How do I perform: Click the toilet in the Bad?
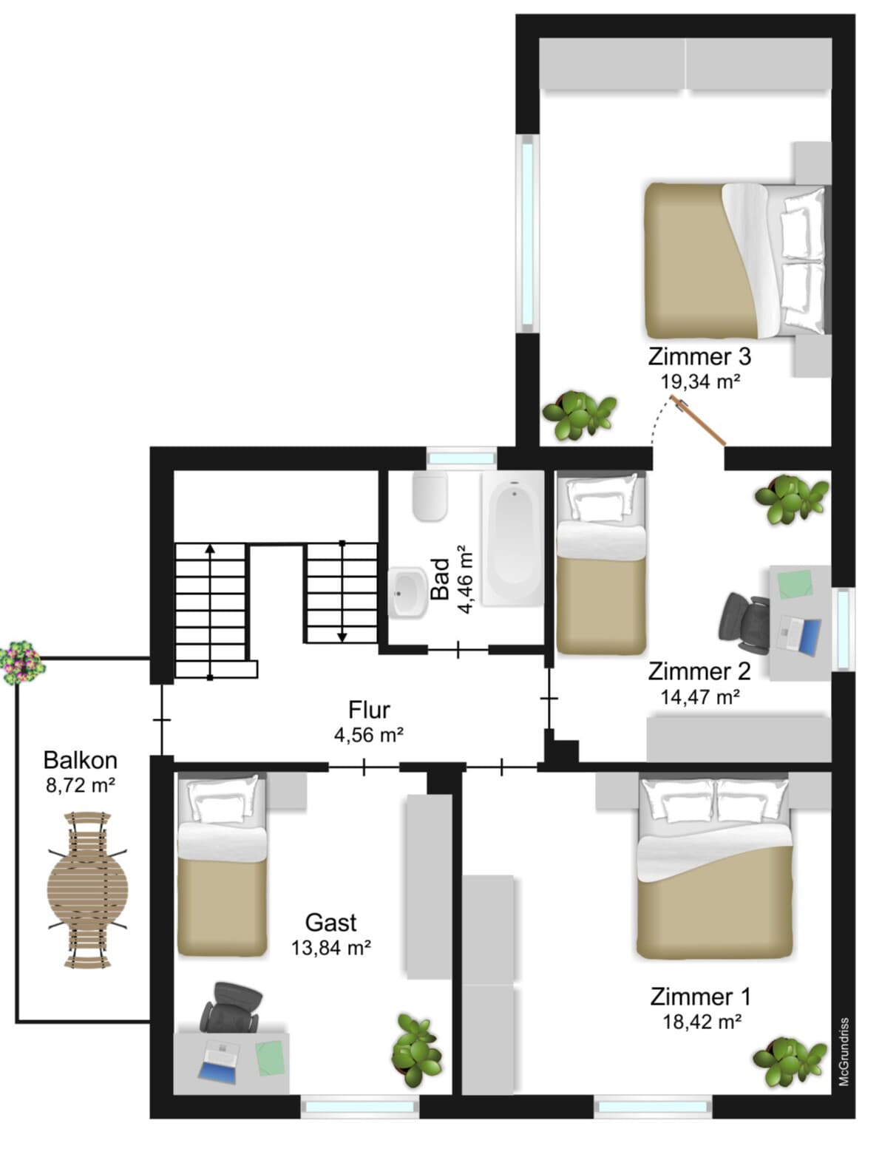coord(430,495)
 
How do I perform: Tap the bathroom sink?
coord(407,591)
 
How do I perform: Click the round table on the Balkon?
coord(87,890)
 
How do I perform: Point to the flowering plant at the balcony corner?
coord(21,662)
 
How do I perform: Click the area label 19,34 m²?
coord(701,381)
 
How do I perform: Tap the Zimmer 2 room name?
coord(699,671)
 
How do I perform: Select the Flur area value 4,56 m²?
coord(369,734)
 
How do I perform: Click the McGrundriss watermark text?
coord(844,1051)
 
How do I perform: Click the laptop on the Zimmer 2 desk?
coord(800,634)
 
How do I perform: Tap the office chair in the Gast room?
coord(231,1008)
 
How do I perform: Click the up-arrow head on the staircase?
coord(210,549)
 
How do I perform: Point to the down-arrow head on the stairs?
coord(342,637)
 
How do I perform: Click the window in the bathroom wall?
coord(461,458)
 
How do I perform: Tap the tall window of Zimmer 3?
coord(527,234)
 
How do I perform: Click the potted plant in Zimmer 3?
coord(580,415)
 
